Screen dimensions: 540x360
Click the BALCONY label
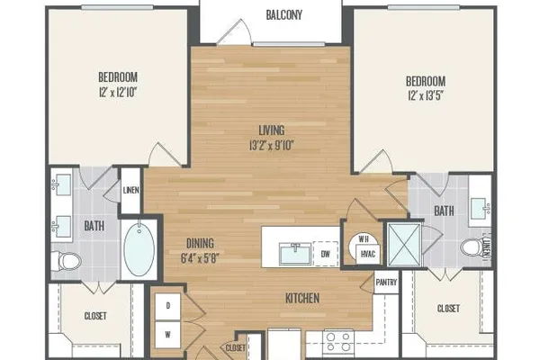click(x=284, y=14)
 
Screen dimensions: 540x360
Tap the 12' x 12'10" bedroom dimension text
click(x=118, y=93)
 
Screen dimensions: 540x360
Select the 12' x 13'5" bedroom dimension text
click(x=426, y=95)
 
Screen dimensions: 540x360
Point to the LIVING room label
click(x=272, y=130)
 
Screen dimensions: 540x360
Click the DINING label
click(x=200, y=243)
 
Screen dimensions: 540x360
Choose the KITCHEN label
click(x=302, y=298)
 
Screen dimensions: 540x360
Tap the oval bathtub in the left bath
click(x=139, y=247)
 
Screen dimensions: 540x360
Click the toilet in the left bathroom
click(x=67, y=262)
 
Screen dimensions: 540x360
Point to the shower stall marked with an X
click(x=404, y=245)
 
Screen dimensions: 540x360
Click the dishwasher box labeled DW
click(x=326, y=254)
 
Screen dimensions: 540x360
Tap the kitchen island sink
click(x=295, y=254)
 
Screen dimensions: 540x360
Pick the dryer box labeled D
click(x=168, y=306)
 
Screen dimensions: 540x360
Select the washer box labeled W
click(x=168, y=335)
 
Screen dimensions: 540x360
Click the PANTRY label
click(x=386, y=283)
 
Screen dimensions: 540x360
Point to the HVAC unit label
click(x=368, y=254)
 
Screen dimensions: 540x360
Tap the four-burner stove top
click(x=338, y=342)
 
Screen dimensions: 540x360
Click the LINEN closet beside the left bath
click(x=130, y=191)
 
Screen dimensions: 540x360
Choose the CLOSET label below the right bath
click(x=448, y=309)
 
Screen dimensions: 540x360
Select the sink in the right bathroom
click(x=481, y=209)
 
